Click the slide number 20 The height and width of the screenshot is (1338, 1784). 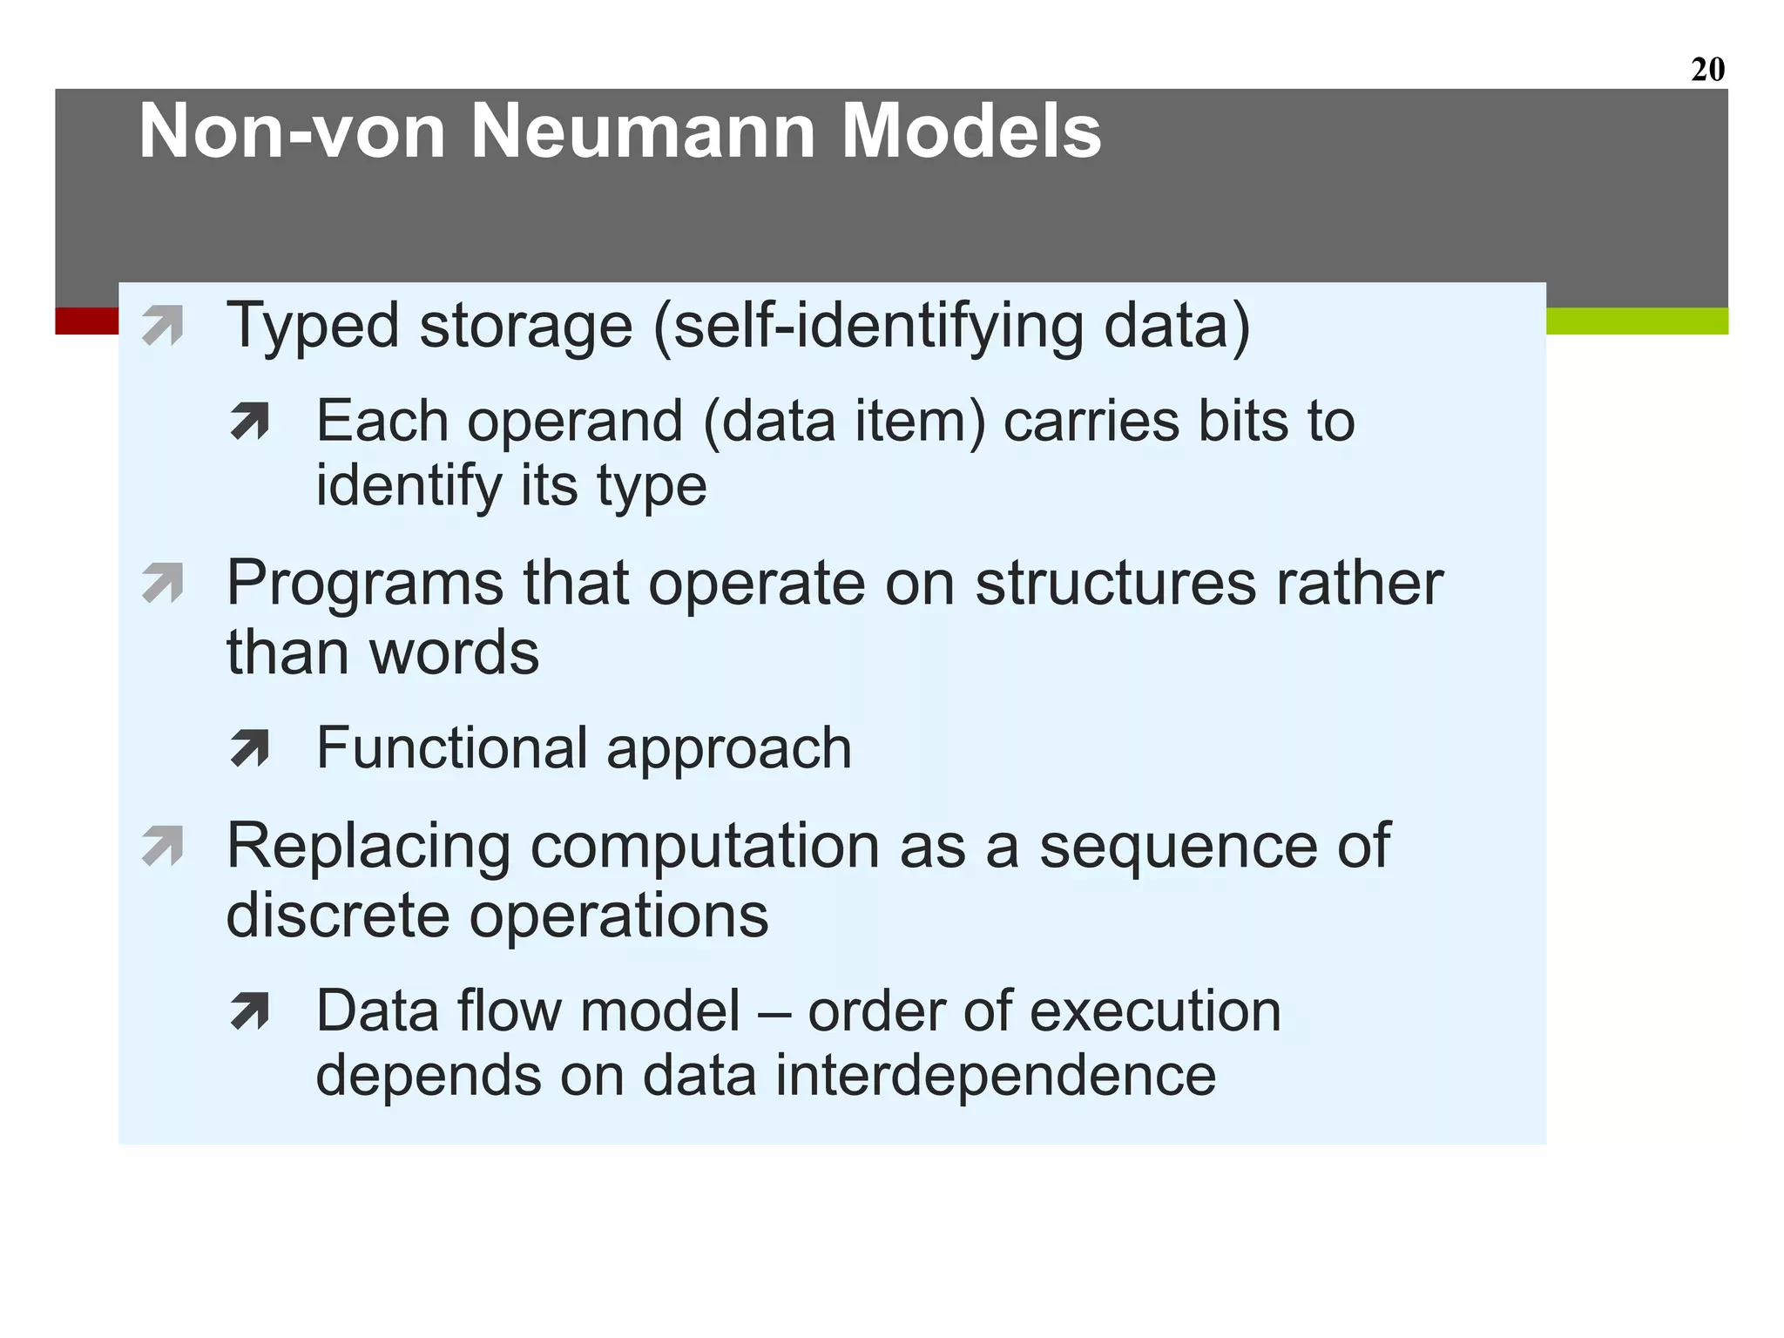(1707, 69)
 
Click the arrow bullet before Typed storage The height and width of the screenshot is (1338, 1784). (163, 326)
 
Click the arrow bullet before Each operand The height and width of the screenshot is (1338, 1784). (250, 422)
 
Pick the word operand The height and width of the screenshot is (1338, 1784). (575, 422)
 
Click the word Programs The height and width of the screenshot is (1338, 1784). (365, 584)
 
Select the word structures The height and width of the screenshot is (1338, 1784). (1116, 584)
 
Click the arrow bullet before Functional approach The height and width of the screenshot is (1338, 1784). (250, 748)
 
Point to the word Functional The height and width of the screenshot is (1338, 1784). (452, 748)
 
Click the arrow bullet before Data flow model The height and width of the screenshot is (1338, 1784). (250, 1011)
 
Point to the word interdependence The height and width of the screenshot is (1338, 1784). (995, 1076)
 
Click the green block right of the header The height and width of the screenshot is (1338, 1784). (1637, 321)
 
